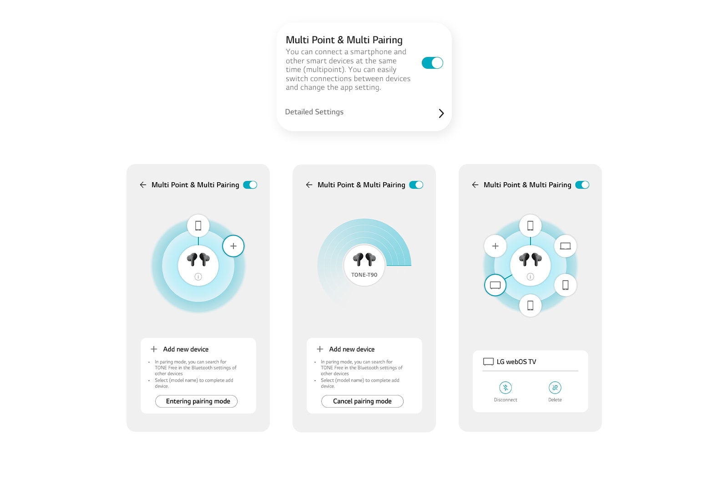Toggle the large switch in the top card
pyautogui.click(x=432, y=63)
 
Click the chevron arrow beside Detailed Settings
pyautogui.click(x=441, y=113)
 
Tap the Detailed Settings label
pyautogui.click(x=314, y=112)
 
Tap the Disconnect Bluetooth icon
pyautogui.click(x=506, y=387)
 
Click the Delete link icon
pyautogui.click(x=555, y=387)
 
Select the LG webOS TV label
pyautogui.click(x=516, y=362)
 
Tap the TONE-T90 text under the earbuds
pyautogui.click(x=364, y=275)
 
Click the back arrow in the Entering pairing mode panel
pyautogui.click(x=143, y=185)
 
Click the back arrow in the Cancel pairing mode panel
pyautogui.click(x=309, y=185)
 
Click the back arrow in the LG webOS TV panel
pyautogui.click(x=475, y=185)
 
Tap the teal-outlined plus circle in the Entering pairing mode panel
pyautogui.click(x=233, y=246)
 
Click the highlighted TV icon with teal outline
pyautogui.click(x=495, y=285)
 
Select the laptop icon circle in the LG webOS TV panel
pyautogui.click(x=566, y=246)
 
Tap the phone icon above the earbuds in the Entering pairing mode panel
pyautogui.click(x=198, y=226)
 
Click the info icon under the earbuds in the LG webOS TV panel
pyautogui.click(x=531, y=277)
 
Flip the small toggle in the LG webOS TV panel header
pyautogui.click(x=582, y=185)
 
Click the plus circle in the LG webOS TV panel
pyautogui.click(x=495, y=246)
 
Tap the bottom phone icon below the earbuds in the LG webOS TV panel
pyautogui.click(x=531, y=306)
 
